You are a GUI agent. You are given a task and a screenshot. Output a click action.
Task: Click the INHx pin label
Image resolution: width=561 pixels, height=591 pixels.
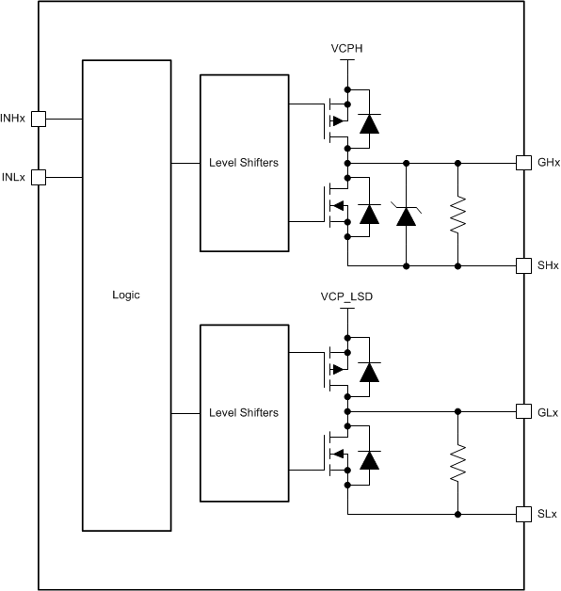coord(13,119)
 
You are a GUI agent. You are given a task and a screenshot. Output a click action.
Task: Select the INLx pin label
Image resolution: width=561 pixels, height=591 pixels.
coord(13,176)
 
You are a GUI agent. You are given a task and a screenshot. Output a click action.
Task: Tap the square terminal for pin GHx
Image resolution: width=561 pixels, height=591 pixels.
coord(522,163)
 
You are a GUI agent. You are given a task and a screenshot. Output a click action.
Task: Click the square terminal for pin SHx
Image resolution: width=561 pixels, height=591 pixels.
coord(522,266)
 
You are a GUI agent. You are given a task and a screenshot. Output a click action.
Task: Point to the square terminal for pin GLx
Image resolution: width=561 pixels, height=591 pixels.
coord(522,411)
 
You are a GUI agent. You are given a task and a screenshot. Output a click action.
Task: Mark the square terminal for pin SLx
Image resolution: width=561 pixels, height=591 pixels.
coord(522,515)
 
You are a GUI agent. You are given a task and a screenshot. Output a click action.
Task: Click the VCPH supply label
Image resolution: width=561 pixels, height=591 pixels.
coord(348,47)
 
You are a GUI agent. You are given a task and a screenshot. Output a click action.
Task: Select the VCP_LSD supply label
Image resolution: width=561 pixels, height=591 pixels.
coord(348,296)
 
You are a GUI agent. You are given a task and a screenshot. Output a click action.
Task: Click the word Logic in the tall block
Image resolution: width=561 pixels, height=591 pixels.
coord(125,295)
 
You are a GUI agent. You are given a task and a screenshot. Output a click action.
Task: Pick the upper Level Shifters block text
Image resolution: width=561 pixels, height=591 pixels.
coord(244,163)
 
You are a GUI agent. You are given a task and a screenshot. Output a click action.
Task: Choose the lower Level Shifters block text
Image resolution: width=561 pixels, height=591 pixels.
coord(244,412)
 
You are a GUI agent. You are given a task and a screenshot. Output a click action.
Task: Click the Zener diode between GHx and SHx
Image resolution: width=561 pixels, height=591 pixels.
coord(406,216)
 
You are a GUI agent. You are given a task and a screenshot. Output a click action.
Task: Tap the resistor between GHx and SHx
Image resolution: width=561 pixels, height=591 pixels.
coord(458,215)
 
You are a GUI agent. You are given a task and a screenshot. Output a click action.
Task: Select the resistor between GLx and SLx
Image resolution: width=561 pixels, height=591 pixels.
coord(458,463)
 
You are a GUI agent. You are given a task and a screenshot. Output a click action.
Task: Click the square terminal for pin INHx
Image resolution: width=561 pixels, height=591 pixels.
coord(39,119)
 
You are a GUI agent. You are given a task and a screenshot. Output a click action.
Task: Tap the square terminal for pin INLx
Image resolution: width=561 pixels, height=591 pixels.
coord(39,176)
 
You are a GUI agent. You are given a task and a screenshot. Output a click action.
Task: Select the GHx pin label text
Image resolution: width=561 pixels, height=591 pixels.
coord(548,163)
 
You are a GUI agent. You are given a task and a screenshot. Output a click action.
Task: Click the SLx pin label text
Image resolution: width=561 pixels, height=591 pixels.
coord(547,515)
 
